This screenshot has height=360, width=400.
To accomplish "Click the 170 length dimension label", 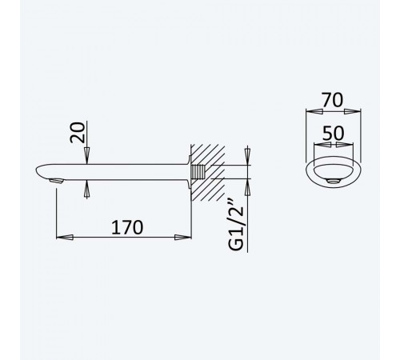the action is point(127,227).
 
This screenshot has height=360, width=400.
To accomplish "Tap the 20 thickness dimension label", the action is point(78,132).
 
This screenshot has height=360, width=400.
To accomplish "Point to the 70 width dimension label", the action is point(332,100).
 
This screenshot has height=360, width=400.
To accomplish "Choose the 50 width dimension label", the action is point(334,133).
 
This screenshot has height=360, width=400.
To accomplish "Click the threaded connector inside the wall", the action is point(198,172).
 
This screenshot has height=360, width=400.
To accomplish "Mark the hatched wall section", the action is point(208,173).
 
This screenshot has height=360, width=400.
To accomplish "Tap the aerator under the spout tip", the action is point(57,181).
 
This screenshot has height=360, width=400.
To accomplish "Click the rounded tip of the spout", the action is point(38,171).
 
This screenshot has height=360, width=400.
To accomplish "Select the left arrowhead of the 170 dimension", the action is point(65,237).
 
